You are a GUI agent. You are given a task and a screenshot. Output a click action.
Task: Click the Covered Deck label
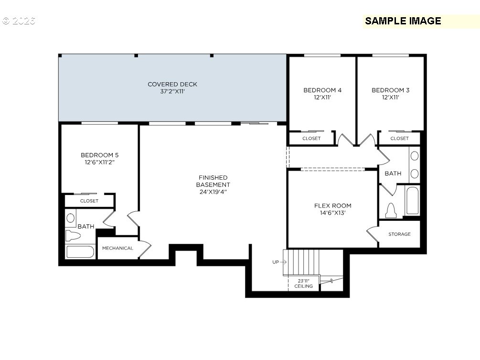pos(172,85)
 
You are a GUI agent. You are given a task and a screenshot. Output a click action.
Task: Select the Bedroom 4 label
pos(322,90)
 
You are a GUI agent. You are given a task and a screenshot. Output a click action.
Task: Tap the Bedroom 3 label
pos(390,90)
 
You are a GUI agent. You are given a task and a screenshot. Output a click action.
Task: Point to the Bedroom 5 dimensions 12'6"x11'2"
pos(99,162)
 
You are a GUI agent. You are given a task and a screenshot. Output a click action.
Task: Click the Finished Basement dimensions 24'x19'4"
pos(213,192)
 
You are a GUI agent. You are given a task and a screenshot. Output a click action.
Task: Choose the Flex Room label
pos(332,206)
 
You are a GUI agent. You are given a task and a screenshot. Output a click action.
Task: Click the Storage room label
pos(399,234)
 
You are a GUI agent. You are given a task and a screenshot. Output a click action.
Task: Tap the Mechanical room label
pos(117,248)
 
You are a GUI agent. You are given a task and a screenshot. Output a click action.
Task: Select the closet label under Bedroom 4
pos(311,139)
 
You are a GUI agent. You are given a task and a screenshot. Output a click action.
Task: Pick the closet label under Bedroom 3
pos(399,139)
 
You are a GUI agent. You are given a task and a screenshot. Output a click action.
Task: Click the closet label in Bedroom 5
pos(89,201)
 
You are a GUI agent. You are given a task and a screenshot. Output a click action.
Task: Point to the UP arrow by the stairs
pos(279,262)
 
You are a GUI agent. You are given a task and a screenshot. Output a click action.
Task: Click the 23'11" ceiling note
pos(304,284)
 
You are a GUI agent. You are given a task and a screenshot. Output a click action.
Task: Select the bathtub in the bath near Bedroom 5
pos(80,251)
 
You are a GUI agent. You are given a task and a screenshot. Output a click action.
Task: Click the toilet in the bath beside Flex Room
pos(391,210)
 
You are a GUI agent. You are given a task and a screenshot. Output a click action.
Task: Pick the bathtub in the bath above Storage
pos(411,201)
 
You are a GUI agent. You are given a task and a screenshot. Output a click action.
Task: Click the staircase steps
pos(301,262)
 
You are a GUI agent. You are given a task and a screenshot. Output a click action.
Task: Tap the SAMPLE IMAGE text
pos(403,21)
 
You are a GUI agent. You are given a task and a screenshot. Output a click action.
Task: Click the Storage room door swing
pos(373,235)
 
